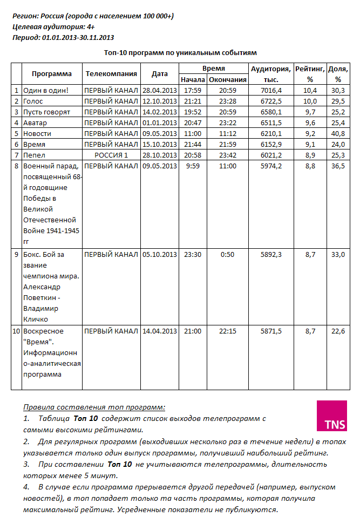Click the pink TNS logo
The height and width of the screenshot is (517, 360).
pyautogui.click(x=332, y=416)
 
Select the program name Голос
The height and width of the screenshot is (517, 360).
pyautogui.click(x=33, y=101)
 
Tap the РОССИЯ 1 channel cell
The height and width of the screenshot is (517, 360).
pyautogui.click(x=111, y=155)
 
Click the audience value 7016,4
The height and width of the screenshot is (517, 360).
pyautogui.click(x=271, y=90)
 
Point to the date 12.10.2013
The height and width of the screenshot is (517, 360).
pyautogui.click(x=159, y=101)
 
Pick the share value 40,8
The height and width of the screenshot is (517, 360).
pyautogui.click(x=338, y=133)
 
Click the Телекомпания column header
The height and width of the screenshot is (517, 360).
pyautogui.click(x=111, y=74)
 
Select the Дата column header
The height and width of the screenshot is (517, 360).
pyautogui.click(x=159, y=74)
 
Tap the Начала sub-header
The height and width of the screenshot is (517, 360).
pyautogui.click(x=193, y=79)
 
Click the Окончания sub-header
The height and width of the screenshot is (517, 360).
pyautogui.click(x=228, y=79)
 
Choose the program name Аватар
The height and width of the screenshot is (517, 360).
pyautogui.click(x=36, y=123)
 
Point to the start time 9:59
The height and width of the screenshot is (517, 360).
pyautogui.click(x=193, y=166)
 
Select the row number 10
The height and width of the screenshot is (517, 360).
pyautogui.click(x=16, y=331)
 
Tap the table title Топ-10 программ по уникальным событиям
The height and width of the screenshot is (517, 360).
pyautogui.click(x=180, y=52)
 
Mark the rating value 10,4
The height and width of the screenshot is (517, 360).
pyautogui.click(x=310, y=90)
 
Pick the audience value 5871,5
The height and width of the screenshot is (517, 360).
pyautogui.click(x=271, y=331)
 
